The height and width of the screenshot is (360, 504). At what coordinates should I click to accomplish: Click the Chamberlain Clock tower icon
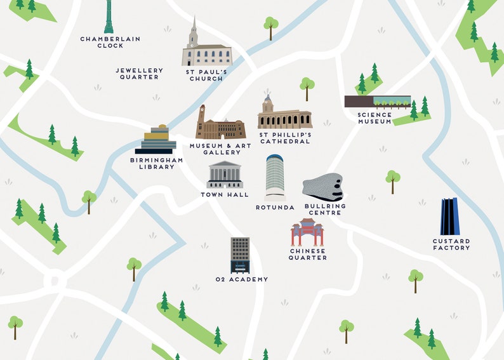(x=109, y=17)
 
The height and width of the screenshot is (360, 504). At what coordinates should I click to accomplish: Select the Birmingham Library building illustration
(x=159, y=140)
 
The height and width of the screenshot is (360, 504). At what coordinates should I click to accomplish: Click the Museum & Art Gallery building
(x=220, y=126)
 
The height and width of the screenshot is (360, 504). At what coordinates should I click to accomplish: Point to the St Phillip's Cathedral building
(x=284, y=115)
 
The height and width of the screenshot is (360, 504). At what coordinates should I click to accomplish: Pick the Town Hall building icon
(x=225, y=175)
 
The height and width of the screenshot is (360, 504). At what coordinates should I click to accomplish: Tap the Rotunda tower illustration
(x=275, y=177)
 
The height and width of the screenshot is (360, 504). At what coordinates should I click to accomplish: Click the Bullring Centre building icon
(x=323, y=187)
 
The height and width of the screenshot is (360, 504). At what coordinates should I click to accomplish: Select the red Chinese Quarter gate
(x=307, y=232)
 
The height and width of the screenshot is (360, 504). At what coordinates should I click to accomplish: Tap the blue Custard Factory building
(x=450, y=217)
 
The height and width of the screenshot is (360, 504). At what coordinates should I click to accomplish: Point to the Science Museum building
(x=377, y=101)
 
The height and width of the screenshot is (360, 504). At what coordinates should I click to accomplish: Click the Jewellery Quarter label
(x=139, y=74)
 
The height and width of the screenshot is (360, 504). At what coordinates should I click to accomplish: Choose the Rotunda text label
(x=275, y=207)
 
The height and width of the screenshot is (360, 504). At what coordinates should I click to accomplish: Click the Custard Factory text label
(x=451, y=244)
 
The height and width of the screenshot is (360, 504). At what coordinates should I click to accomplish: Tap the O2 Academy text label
(x=241, y=279)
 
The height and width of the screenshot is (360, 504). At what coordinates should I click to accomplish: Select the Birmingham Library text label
(x=156, y=164)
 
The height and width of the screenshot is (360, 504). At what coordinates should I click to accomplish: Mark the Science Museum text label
(x=375, y=118)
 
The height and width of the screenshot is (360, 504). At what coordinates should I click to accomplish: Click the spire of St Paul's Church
(x=194, y=29)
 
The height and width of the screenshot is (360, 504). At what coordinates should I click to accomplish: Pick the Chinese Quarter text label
(x=308, y=254)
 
